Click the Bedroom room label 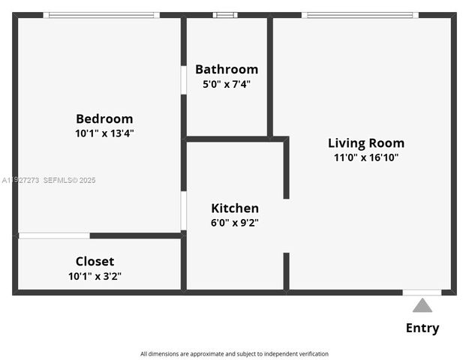click(x=104, y=118)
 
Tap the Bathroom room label click(x=226, y=69)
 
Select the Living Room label click(x=365, y=142)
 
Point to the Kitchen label click(x=235, y=208)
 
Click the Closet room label click(x=95, y=261)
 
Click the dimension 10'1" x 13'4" click(x=104, y=133)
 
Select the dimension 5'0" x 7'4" click(x=226, y=84)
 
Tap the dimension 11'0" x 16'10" click(x=365, y=157)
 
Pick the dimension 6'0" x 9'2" click(x=235, y=222)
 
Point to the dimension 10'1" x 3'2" click(x=95, y=276)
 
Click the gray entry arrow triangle click(x=422, y=305)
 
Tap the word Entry click(x=422, y=328)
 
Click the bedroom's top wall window click(x=101, y=15)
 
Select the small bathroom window click(x=224, y=15)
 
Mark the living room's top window click(x=361, y=15)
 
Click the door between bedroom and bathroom click(x=183, y=80)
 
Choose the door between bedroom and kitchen click(x=183, y=211)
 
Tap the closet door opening click(x=54, y=236)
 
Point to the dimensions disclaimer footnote click(x=234, y=354)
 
